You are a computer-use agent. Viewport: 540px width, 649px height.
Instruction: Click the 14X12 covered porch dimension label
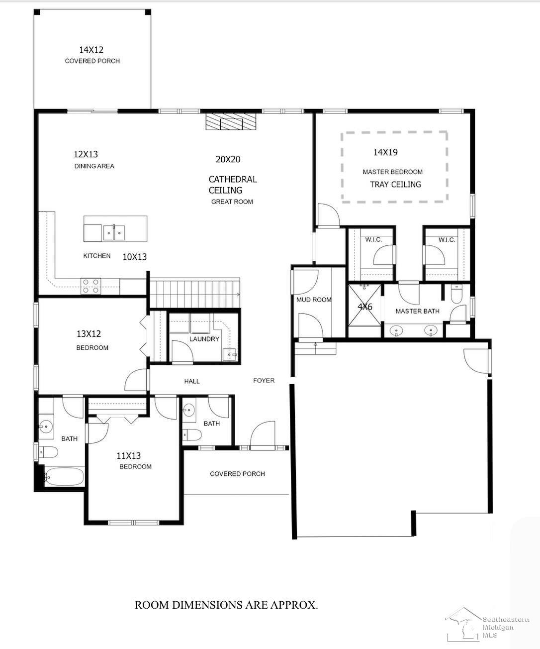pos(91,50)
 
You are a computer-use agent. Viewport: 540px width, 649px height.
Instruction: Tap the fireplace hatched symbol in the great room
pos(231,121)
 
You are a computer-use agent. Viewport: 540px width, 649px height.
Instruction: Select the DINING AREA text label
pos(94,166)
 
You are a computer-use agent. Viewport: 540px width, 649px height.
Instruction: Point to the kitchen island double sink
pos(114,232)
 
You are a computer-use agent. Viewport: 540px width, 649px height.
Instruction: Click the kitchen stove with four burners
pos(90,286)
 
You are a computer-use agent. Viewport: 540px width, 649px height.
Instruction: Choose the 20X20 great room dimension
pos(228,159)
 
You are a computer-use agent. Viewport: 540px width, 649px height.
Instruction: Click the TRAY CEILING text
pos(395,184)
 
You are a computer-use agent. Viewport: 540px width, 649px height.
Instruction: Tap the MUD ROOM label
pos(314,300)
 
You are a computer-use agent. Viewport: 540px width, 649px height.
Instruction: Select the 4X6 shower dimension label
pos(365,307)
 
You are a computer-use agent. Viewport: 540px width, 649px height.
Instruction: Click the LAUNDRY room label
pos(204,339)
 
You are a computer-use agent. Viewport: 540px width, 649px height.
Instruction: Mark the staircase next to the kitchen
pos(194,293)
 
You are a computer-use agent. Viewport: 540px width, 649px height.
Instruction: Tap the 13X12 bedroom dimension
pos(89,334)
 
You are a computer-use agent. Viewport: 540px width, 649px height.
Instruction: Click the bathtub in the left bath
pos(64,477)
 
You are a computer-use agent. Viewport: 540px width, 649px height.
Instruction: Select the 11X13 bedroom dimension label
pos(129,455)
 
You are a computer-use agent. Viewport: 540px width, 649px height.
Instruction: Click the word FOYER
pos(264,380)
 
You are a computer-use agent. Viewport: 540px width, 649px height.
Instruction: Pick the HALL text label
pos(192,381)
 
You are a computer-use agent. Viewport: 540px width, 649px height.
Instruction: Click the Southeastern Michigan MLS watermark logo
pos(487,625)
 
